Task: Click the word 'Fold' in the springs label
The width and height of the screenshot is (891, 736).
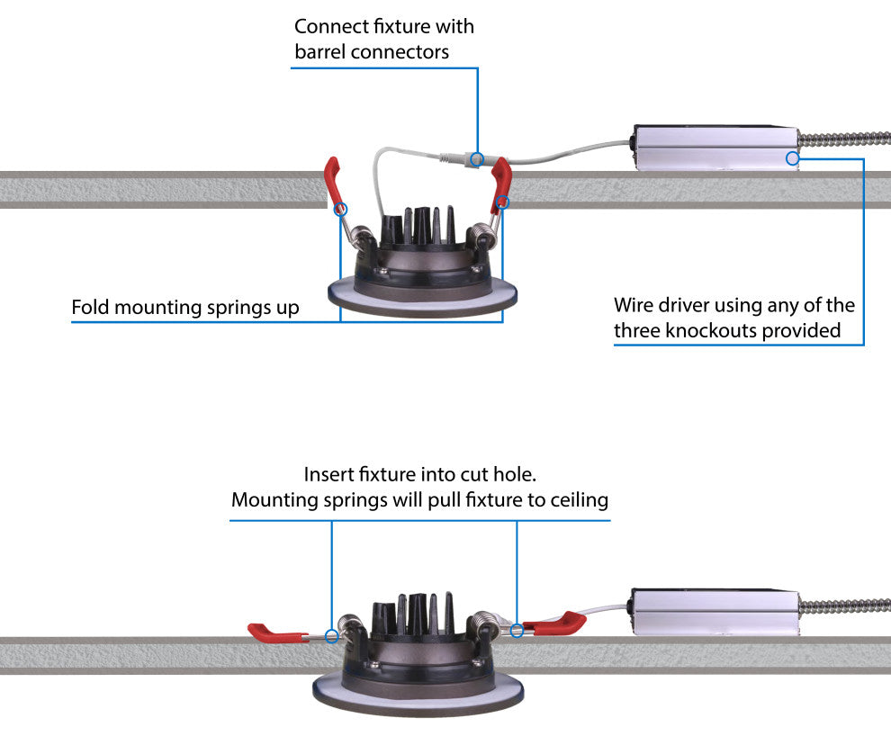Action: point(90,308)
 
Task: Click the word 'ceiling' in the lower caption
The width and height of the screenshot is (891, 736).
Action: point(576,500)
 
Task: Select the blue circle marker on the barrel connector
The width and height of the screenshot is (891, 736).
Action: point(477,160)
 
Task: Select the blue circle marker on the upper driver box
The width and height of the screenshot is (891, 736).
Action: point(793,158)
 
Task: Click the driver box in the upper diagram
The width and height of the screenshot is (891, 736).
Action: point(715,147)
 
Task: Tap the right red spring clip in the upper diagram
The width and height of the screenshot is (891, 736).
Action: point(500,184)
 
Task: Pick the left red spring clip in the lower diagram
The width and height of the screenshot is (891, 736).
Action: point(274,633)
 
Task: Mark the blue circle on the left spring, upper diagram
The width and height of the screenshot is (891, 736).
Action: point(340,209)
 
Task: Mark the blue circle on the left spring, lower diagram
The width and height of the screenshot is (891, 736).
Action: point(332,636)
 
